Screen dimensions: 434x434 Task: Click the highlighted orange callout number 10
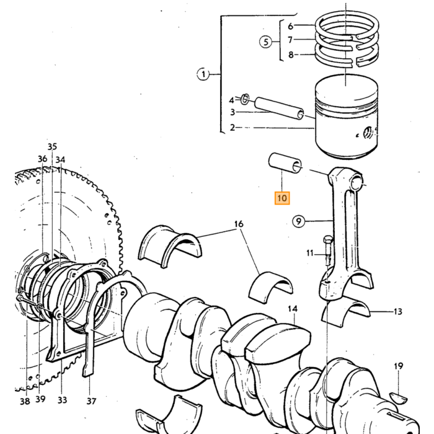282,198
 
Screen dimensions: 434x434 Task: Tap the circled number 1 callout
203,74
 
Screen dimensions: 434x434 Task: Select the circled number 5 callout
266,42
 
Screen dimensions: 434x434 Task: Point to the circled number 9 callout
298,221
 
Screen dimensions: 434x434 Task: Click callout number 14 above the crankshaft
293,309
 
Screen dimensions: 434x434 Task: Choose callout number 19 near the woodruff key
398,366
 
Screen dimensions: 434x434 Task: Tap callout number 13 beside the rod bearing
398,312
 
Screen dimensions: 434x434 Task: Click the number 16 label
239,224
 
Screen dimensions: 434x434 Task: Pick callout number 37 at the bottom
91,401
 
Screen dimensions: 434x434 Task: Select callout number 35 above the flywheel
52,146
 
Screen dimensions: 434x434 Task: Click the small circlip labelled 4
245,99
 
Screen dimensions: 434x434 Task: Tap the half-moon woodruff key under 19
398,397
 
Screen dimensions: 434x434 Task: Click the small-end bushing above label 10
285,163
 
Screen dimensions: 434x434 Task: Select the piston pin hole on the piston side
368,133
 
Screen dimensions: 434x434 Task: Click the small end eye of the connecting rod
356,184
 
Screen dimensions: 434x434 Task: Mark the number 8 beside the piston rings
291,55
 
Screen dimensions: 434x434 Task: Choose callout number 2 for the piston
232,128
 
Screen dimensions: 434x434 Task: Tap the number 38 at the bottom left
25,401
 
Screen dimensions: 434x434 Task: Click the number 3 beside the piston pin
232,112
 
